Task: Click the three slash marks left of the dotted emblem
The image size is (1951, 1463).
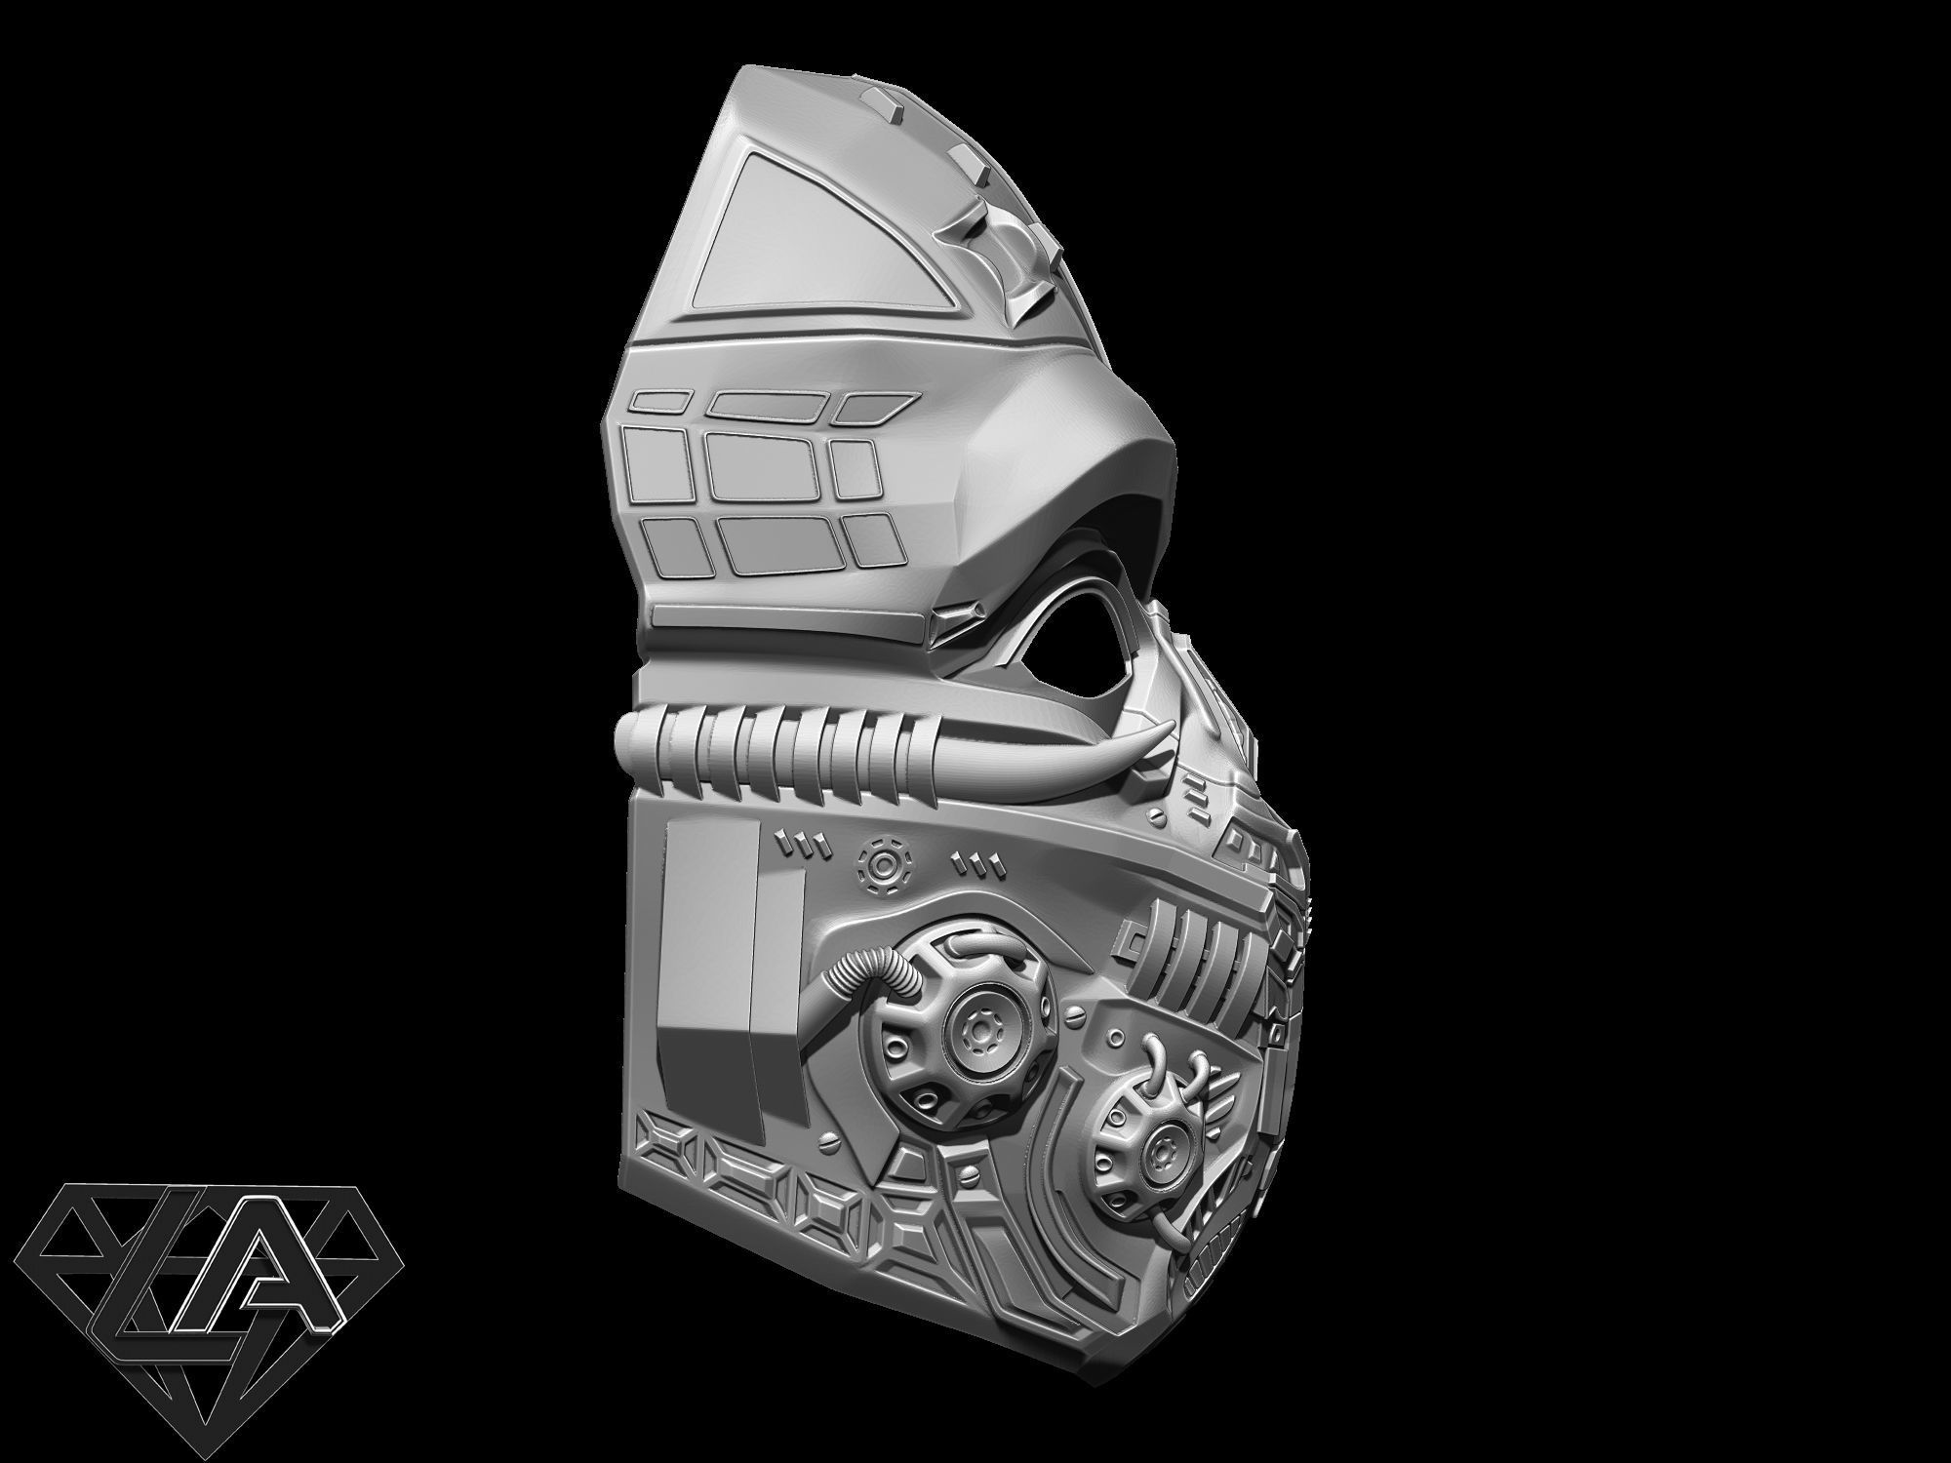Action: click(806, 839)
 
